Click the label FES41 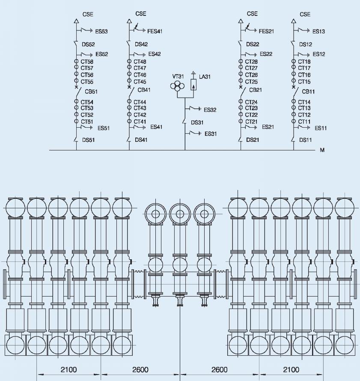point(155,31)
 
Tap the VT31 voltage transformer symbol point(177,86)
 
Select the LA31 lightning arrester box point(193,84)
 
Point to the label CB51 point(91,92)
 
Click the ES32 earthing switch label point(210,110)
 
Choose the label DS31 point(197,123)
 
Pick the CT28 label point(251,62)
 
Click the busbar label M point(322,150)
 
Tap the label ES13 point(318,31)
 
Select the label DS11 point(305,140)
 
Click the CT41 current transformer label point(140,121)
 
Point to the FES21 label point(266,31)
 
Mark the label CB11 point(308,92)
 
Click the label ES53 point(101,31)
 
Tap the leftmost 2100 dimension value point(68,369)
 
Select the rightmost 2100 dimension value point(291,369)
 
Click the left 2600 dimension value point(140,369)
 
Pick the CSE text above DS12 point(305,14)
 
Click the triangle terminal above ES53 point(77,21)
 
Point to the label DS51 point(88,140)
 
